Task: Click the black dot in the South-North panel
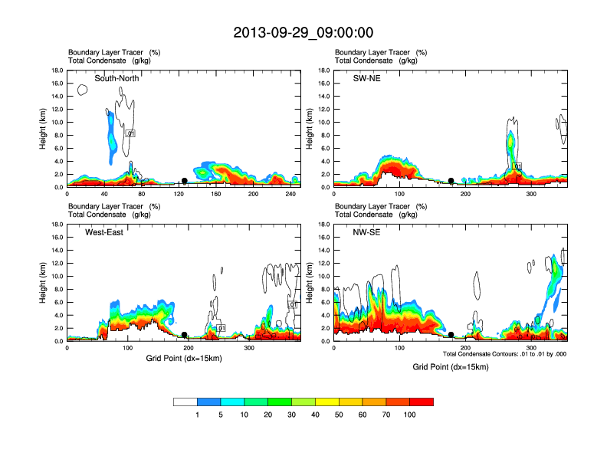point(185,181)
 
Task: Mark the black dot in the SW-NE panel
point(451,181)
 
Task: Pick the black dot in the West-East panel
point(185,335)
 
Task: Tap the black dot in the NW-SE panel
point(451,335)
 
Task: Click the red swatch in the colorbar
point(422,402)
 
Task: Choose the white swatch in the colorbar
point(185,402)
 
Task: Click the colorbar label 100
point(410,415)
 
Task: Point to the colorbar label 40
point(315,415)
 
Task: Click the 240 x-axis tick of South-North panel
point(291,195)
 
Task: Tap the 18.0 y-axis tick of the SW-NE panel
point(325,71)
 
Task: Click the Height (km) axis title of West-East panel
point(43,283)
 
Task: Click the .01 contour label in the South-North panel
point(130,133)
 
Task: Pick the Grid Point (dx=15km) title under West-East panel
point(184,358)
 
